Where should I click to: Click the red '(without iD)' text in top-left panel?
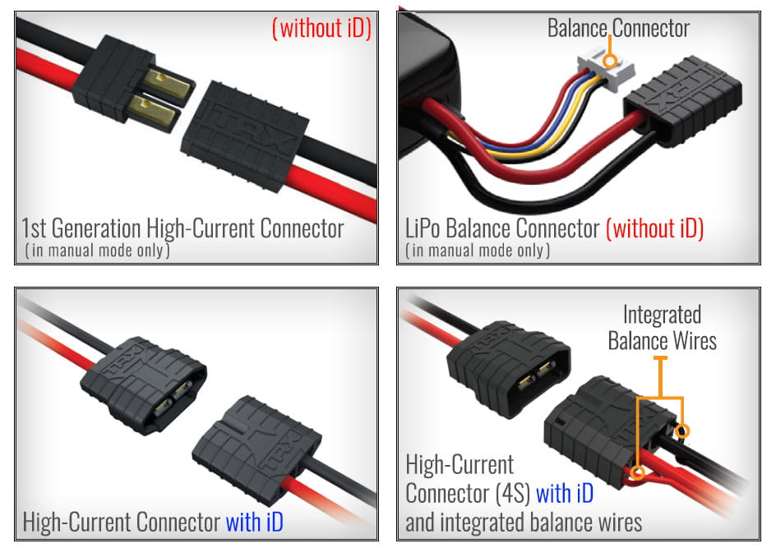[322, 29]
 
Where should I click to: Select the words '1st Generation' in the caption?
[81, 228]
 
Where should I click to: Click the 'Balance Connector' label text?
[618, 28]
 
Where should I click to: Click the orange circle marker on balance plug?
[609, 60]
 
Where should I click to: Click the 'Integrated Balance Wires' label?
[662, 326]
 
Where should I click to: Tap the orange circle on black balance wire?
[682, 430]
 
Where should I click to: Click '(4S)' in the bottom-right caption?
[510, 495]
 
